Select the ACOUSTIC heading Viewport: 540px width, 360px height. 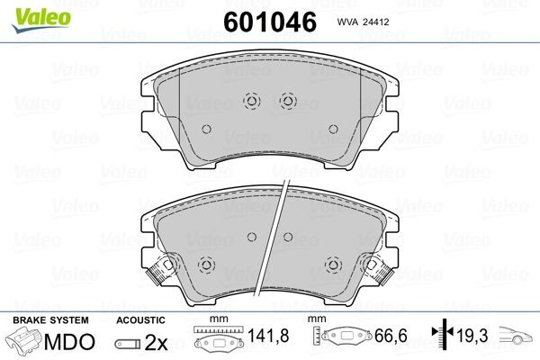[x=141, y=320]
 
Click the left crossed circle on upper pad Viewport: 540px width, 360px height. [x=251, y=101]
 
